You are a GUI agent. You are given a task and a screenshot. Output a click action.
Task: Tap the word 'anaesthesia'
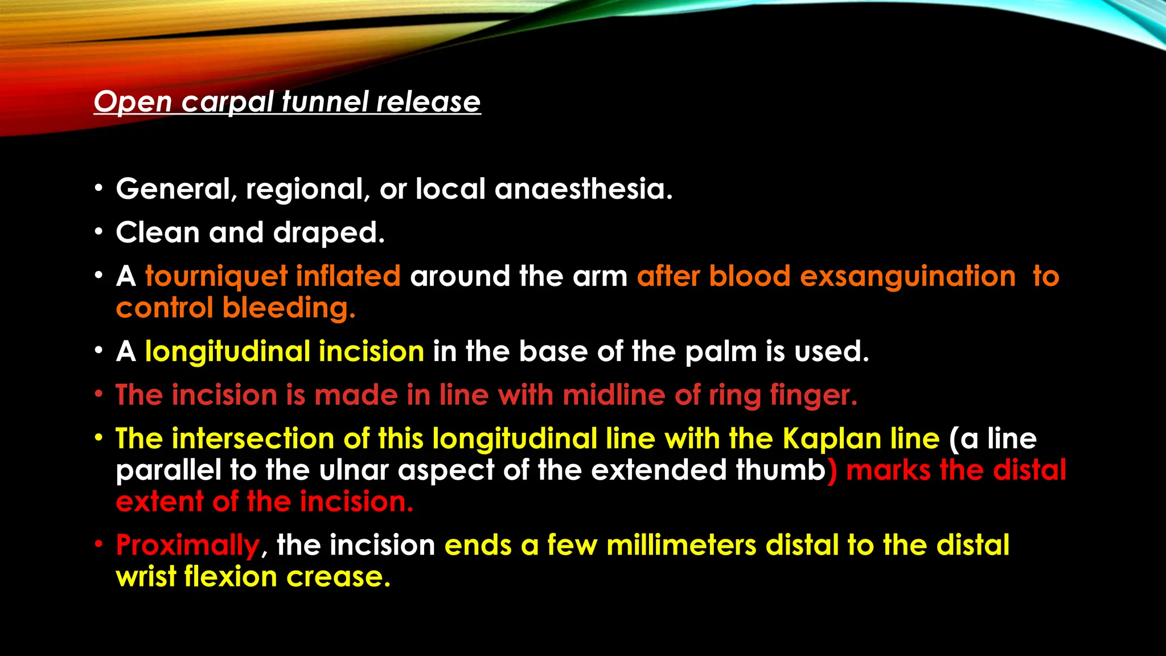[x=584, y=188]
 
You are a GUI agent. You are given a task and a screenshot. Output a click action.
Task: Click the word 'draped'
[x=329, y=232]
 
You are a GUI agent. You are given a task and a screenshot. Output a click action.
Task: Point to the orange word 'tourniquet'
[x=216, y=277]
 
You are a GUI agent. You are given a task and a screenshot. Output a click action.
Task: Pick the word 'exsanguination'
[x=908, y=277]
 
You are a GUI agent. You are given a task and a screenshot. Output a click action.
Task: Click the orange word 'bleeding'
[x=289, y=308]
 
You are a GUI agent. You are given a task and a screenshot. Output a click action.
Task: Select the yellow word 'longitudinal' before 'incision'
[x=227, y=351]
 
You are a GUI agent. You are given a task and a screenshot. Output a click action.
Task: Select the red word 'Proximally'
[x=188, y=546]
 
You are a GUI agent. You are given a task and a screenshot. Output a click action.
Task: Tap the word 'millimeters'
[x=681, y=545]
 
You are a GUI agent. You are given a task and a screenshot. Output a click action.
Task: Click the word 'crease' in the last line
[x=338, y=577]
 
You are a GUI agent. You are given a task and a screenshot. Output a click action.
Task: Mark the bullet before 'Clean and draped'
[x=99, y=232]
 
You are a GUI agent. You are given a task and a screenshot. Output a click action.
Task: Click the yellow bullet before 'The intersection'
[x=99, y=438]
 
